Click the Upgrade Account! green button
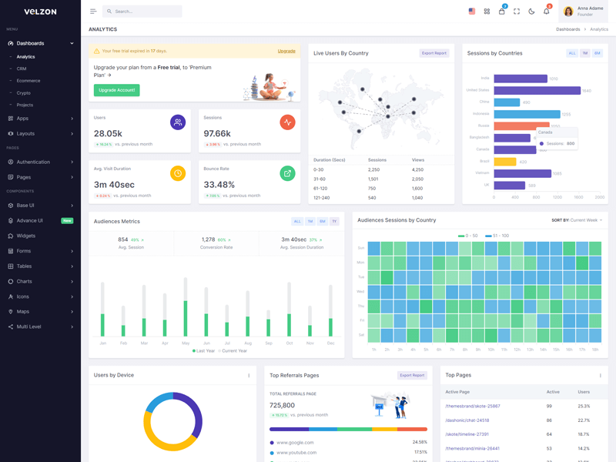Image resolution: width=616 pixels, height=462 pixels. click(x=116, y=90)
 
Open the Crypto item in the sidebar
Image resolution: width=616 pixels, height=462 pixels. click(x=25, y=92)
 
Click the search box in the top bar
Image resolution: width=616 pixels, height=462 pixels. click(x=142, y=12)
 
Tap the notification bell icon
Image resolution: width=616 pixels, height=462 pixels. click(x=547, y=12)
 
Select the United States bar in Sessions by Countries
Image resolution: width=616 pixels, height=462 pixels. click(x=537, y=90)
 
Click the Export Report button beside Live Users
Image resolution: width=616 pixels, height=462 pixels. click(x=434, y=53)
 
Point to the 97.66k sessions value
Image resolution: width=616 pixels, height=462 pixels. click(x=217, y=134)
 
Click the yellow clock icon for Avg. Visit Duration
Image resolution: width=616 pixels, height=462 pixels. click(x=178, y=173)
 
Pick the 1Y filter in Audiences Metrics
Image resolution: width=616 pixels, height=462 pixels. click(x=334, y=221)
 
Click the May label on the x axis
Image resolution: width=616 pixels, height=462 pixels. click(x=186, y=343)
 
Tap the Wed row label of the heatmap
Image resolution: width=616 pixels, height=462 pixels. click(x=360, y=292)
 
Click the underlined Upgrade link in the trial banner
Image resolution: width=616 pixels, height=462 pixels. click(x=286, y=51)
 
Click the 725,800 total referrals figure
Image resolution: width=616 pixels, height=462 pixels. click(x=282, y=405)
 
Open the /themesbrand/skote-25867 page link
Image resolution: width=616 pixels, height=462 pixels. click(x=473, y=406)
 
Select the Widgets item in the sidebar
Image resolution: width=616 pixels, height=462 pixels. click(x=26, y=236)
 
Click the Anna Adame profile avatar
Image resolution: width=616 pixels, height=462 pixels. click(x=568, y=12)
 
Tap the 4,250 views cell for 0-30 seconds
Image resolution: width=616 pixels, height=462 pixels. click(x=418, y=169)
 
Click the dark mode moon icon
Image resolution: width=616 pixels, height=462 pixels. click(x=531, y=12)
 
